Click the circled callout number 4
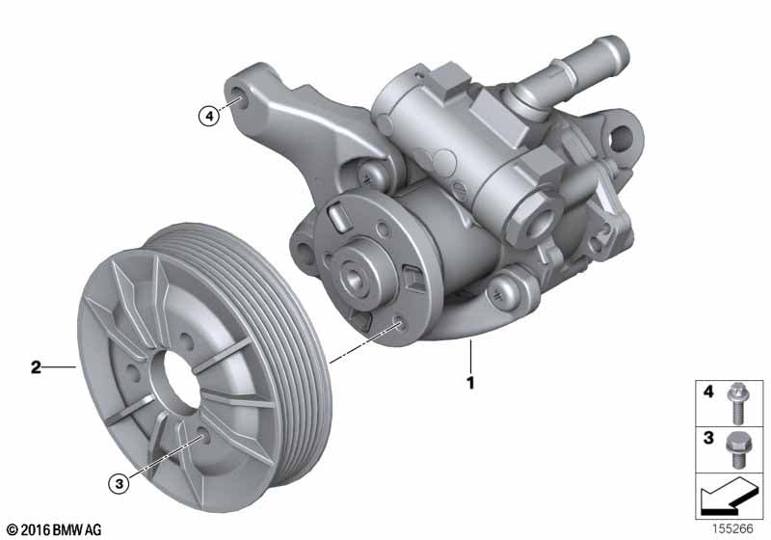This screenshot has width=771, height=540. pyautogui.click(x=207, y=116)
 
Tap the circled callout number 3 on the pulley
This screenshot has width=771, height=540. pyautogui.click(x=119, y=484)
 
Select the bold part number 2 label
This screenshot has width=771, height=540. pyautogui.click(x=36, y=366)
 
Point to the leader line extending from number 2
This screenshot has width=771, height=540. pyautogui.click(x=60, y=366)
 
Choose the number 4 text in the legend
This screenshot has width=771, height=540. pyautogui.click(x=708, y=392)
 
